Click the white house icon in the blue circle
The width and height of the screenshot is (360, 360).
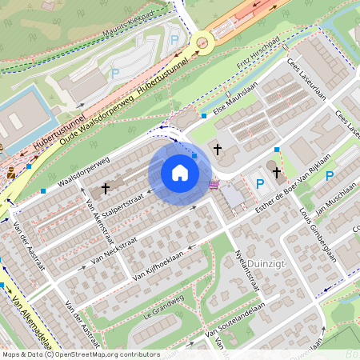coord(180,172)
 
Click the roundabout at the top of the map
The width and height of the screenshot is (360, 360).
coord(203,41)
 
